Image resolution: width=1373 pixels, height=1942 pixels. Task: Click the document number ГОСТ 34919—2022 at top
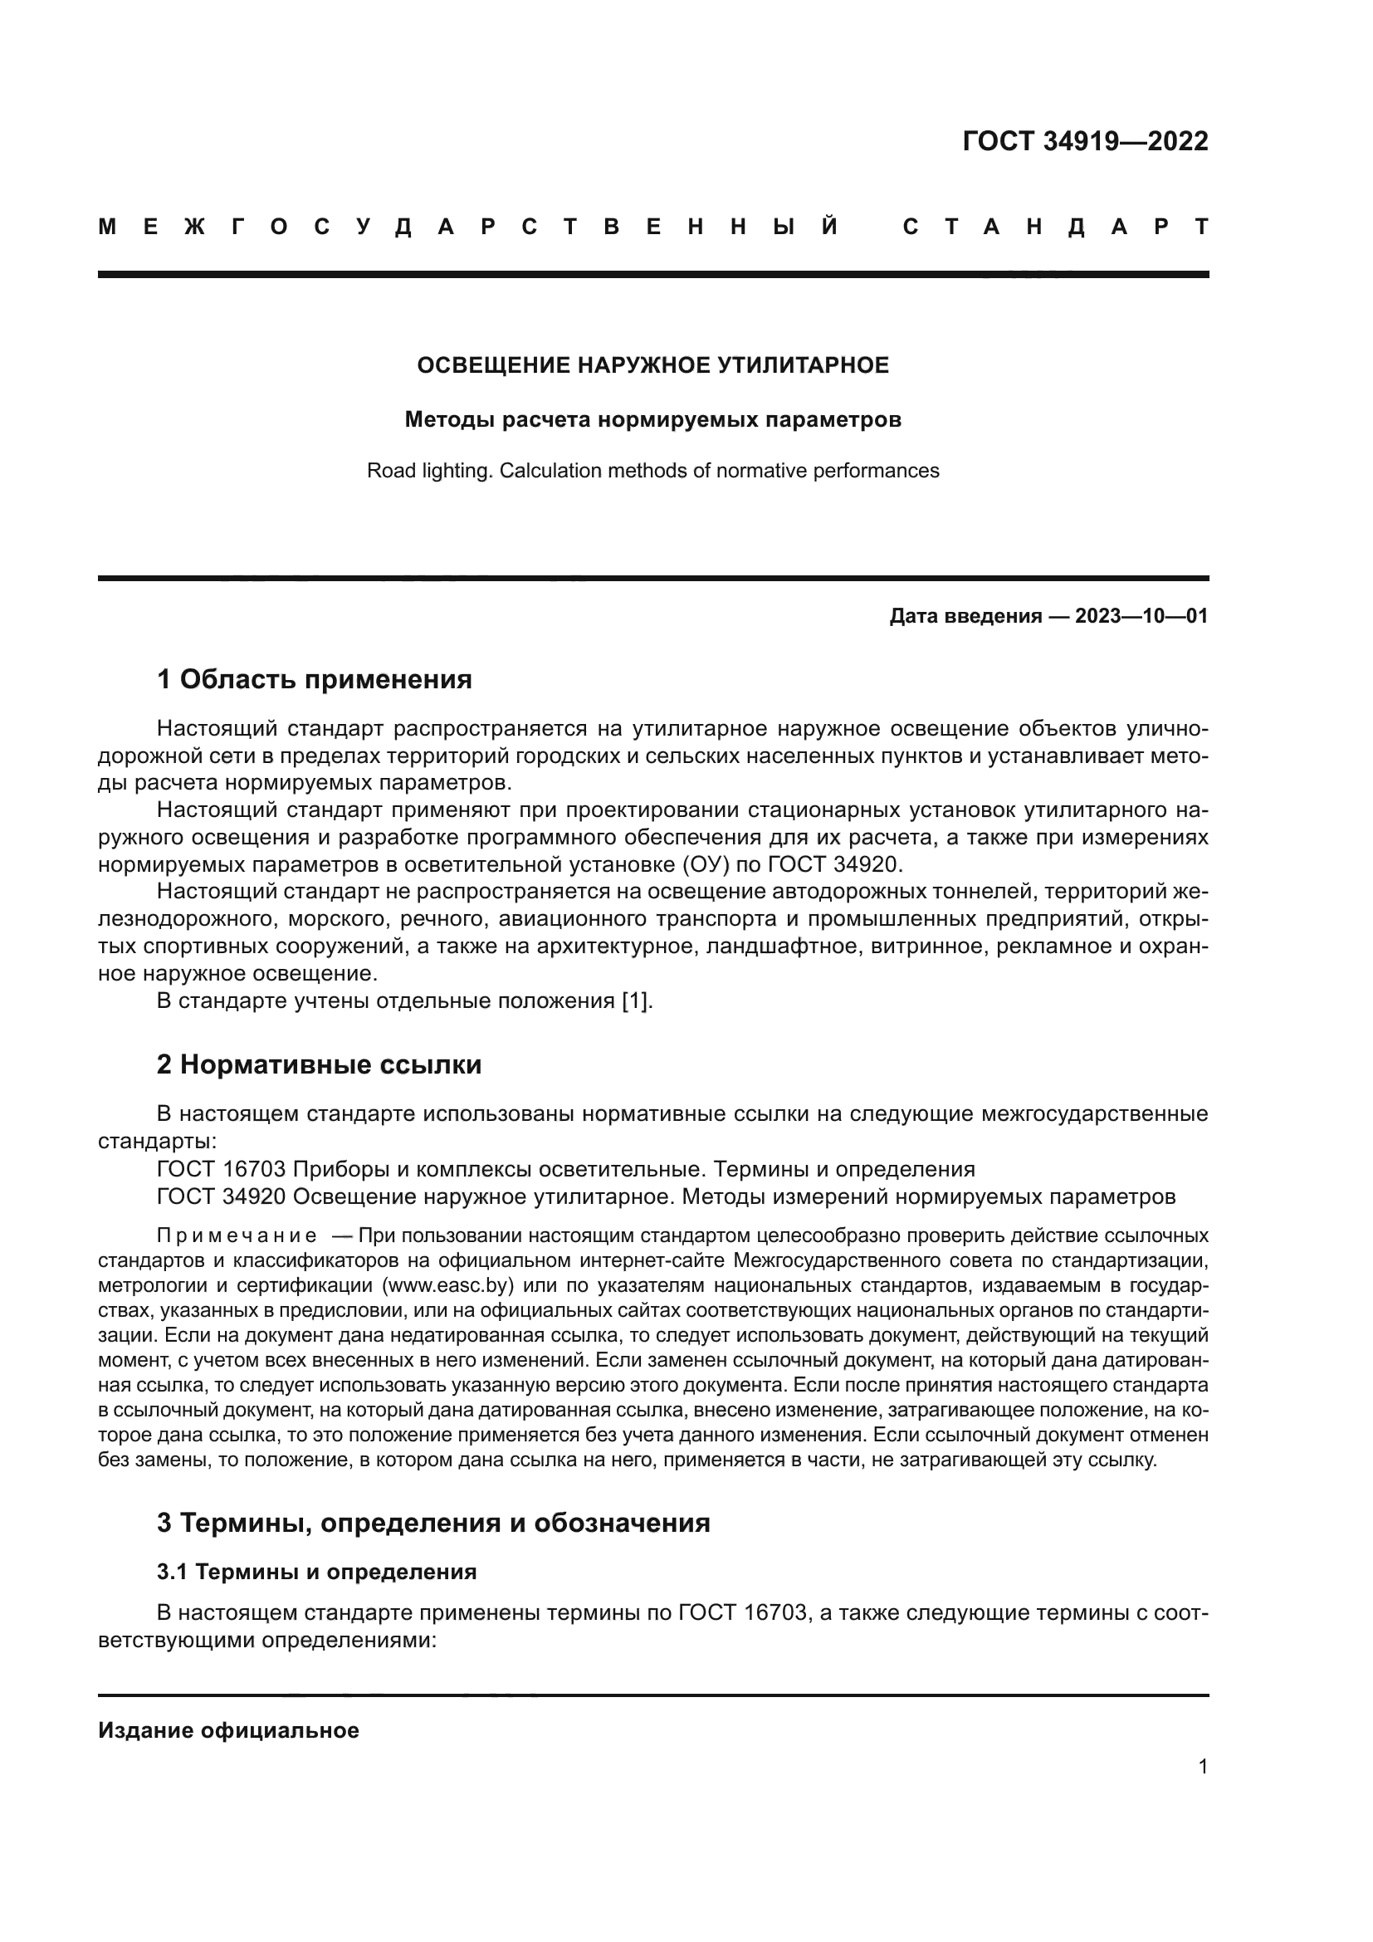click(1085, 141)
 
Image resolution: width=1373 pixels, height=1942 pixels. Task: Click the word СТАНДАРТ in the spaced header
click(1056, 227)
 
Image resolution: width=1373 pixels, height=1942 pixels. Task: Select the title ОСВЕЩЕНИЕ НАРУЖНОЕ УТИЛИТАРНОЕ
click(652, 365)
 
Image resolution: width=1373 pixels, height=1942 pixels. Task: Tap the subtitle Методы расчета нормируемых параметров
click(652, 419)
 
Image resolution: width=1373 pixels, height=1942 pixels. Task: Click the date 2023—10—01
click(1141, 616)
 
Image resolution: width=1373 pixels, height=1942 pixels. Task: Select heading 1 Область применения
click(314, 678)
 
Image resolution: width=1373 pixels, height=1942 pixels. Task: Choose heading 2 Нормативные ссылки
click(319, 1064)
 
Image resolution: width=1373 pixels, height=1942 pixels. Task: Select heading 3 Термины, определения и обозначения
click(432, 1523)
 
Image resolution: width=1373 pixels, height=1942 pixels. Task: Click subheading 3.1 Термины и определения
click(316, 1572)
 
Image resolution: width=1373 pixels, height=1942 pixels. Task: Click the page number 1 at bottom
click(1202, 1766)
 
